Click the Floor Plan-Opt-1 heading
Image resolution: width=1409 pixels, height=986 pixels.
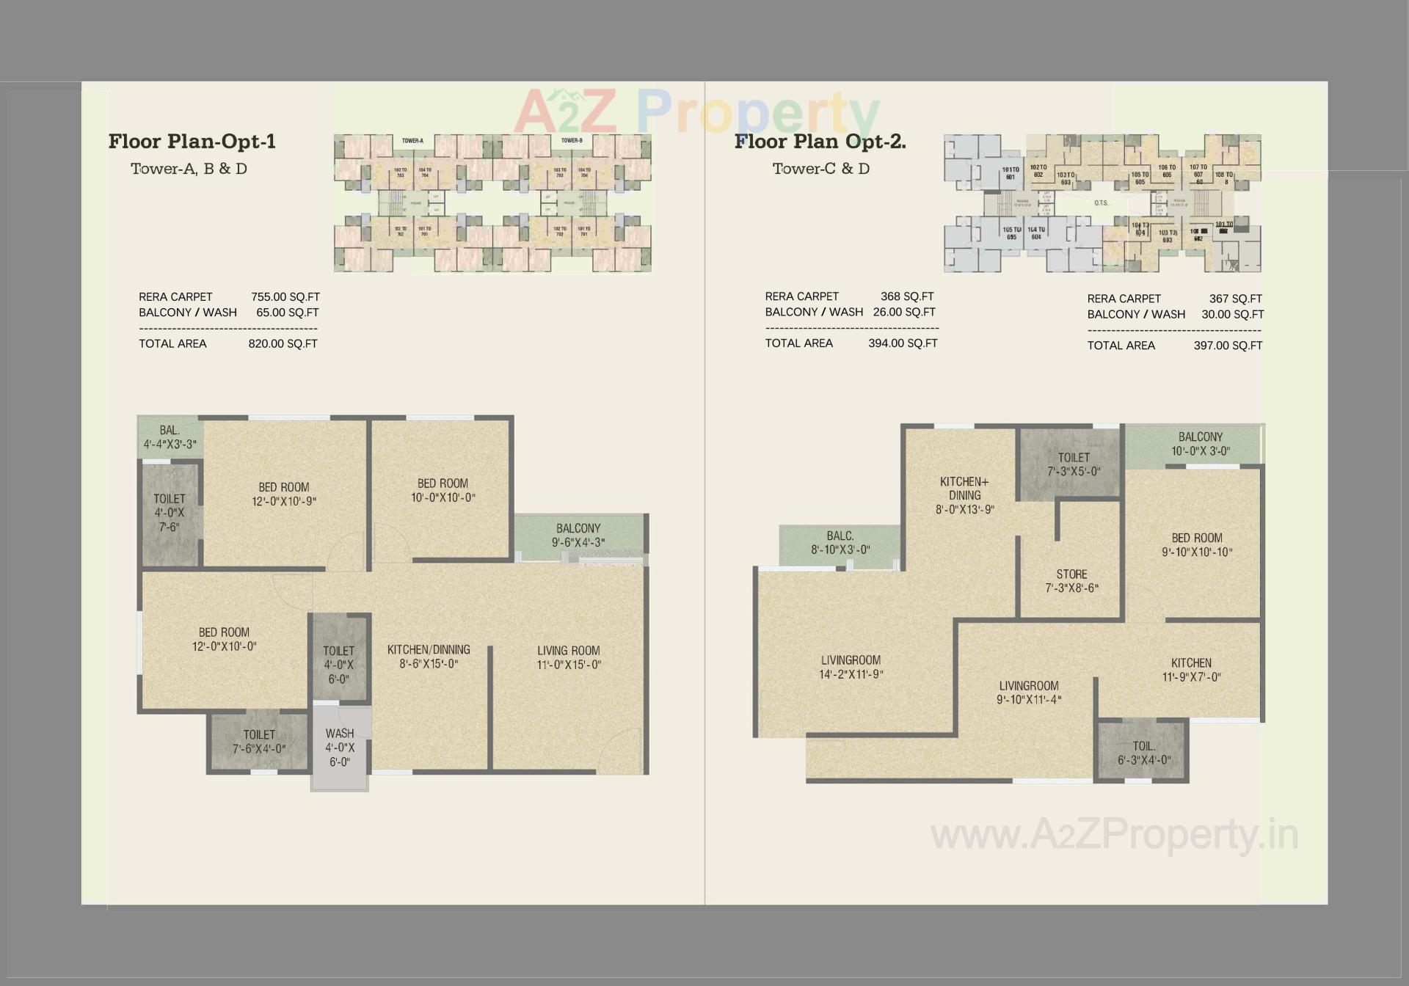192,142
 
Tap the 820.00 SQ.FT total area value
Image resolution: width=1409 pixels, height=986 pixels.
283,344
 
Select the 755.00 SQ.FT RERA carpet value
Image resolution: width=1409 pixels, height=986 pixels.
285,297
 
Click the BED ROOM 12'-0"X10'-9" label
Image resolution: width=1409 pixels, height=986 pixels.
284,494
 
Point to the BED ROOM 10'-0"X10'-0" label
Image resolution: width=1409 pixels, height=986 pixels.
443,491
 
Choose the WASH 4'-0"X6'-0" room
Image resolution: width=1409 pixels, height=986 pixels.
340,748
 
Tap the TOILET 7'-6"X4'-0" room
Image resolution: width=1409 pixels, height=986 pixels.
259,742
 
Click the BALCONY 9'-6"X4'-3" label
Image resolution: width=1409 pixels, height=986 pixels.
578,536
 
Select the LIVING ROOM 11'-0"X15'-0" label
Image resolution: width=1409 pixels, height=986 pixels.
569,657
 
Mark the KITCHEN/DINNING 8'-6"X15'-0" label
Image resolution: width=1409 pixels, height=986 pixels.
429,657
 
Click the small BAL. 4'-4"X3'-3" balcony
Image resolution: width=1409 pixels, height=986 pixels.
170,437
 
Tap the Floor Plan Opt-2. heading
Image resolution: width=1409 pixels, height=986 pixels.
820,142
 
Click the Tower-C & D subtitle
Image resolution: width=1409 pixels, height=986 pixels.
820,169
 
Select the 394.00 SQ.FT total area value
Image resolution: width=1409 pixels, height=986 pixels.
903,343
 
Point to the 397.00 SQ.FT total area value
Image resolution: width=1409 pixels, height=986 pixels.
1227,346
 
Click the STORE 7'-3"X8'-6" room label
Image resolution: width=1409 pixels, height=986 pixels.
1071,581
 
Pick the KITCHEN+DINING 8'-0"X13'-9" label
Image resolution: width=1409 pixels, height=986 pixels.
964,495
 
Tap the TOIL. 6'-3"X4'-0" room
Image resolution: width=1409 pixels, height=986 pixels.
1143,753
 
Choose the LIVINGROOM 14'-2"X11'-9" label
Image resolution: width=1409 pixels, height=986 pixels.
851,667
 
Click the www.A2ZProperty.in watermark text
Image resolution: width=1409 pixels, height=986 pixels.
1114,836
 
